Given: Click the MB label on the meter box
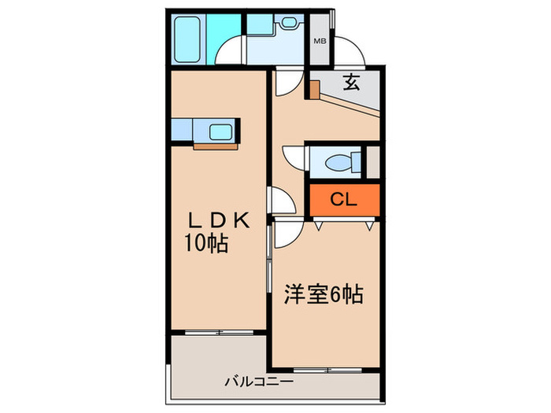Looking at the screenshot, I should click(320, 41).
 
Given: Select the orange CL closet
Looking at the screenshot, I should click(343, 200).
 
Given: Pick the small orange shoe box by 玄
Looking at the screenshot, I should click(314, 89).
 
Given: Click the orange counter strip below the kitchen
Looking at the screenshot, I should click(214, 145).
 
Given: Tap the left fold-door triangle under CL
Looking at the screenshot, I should click(318, 225).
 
